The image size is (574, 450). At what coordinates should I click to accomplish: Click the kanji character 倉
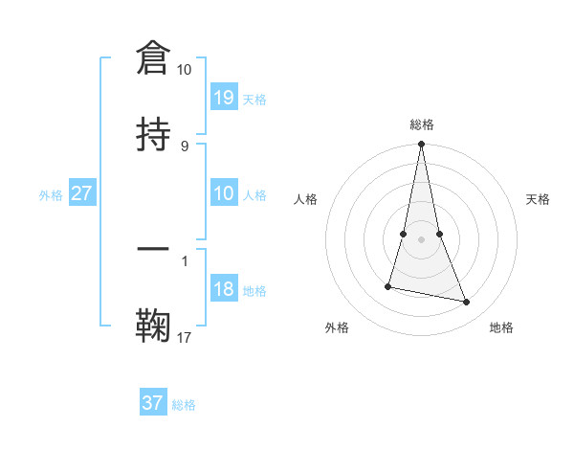pos(153,58)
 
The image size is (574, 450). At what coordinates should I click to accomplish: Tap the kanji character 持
pos(153,133)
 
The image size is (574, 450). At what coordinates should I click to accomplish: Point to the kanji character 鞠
pos(153,326)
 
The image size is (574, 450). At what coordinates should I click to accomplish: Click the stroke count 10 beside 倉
pos(185,70)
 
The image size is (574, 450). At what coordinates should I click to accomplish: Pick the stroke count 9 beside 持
pos(185,146)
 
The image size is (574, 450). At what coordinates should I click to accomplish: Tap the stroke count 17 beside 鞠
pos(185,337)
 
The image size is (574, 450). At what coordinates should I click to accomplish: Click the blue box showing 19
pos(224,97)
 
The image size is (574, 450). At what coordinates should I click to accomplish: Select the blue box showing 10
pos(224,193)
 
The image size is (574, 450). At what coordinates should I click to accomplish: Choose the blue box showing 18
pos(224,289)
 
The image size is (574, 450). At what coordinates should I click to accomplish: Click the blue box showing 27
pos(82,193)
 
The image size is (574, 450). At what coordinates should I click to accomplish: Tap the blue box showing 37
pos(153,403)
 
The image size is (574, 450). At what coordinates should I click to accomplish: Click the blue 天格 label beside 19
pos(254,99)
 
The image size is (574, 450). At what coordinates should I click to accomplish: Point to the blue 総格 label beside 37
pos(184,405)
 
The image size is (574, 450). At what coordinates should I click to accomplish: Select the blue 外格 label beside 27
pos(51,195)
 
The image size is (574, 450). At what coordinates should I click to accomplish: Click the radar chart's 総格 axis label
pos(422,124)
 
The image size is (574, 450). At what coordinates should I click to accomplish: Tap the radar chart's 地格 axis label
pos(501,327)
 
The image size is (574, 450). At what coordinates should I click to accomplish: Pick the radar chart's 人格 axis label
pos(306,199)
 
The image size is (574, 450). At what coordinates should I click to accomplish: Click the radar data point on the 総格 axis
pos(421,144)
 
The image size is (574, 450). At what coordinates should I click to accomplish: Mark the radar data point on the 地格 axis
pos(467,302)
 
